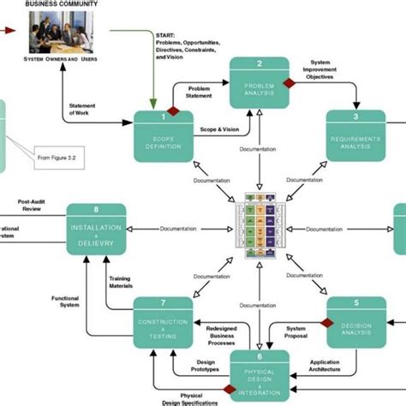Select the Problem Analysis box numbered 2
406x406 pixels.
coord(260,83)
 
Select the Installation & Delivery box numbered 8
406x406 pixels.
coord(97,229)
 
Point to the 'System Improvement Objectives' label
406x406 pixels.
coord(330,68)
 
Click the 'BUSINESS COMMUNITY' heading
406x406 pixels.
coord(61,4)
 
